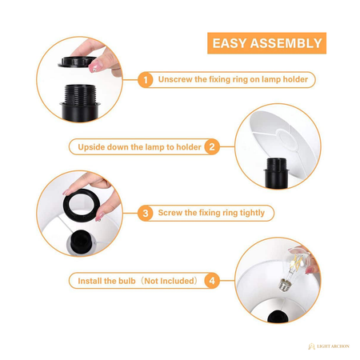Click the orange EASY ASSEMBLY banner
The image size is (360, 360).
(x=266, y=43)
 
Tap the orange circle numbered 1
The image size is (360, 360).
(x=146, y=80)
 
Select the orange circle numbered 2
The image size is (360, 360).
(x=212, y=147)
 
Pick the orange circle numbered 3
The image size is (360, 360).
(x=146, y=213)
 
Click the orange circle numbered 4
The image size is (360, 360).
(x=212, y=281)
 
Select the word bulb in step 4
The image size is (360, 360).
(x=127, y=281)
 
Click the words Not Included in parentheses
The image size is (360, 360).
(x=169, y=281)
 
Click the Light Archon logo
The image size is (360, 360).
(x=329, y=346)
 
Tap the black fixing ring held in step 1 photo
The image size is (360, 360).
(x=77, y=62)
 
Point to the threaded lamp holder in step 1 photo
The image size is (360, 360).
(x=80, y=102)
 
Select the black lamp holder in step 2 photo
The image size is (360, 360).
(x=276, y=174)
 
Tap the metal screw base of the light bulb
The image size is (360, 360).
(x=284, y=285)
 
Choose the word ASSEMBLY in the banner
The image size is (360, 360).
(x=286, y=43)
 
